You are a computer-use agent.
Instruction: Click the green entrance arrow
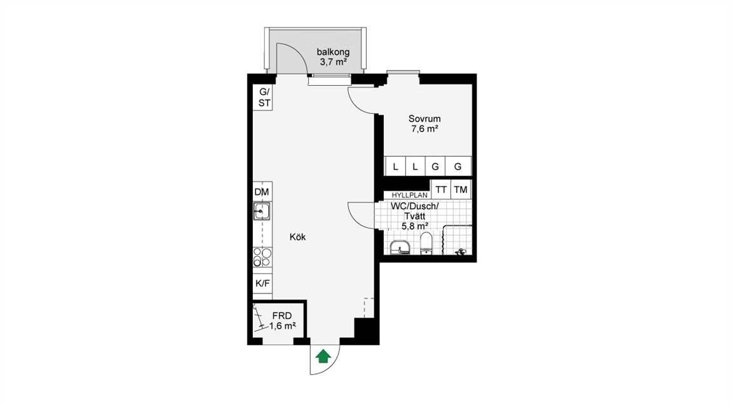click(x=323, y=356)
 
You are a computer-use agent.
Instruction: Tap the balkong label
click(x=333, y=52)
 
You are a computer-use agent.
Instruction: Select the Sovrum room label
click(x=424, y=119)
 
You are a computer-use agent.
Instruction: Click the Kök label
click(x=297, y=237)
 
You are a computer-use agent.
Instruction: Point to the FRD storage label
click(x=282, y=316)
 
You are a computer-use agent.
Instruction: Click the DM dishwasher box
click(x=262, y=192)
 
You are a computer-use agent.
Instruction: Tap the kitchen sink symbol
click(x=262, y=212)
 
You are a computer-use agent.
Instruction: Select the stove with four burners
click(x=262, y=257)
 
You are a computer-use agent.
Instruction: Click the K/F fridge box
click(x=262, y=283)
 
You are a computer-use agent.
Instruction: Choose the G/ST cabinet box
click(x=264, y=98)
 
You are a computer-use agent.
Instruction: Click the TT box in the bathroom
click(x=441, y=190)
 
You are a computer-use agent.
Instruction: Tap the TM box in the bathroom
click(x=461, y=190)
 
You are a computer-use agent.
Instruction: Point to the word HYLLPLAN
click(x=409, y=196)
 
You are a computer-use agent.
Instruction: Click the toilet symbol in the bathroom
click(x=426, y=245)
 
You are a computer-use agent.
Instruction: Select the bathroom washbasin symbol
click(x=400, y=248)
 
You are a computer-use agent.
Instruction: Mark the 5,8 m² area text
click(x=415, y=226)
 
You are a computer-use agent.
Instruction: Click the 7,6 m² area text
click(x=424, y=129)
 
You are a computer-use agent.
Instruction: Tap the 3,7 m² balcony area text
click(x=333, y=62)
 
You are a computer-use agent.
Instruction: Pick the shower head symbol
click(x=460, y=252)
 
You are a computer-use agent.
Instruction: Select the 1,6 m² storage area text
click(x=282, y=326)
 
